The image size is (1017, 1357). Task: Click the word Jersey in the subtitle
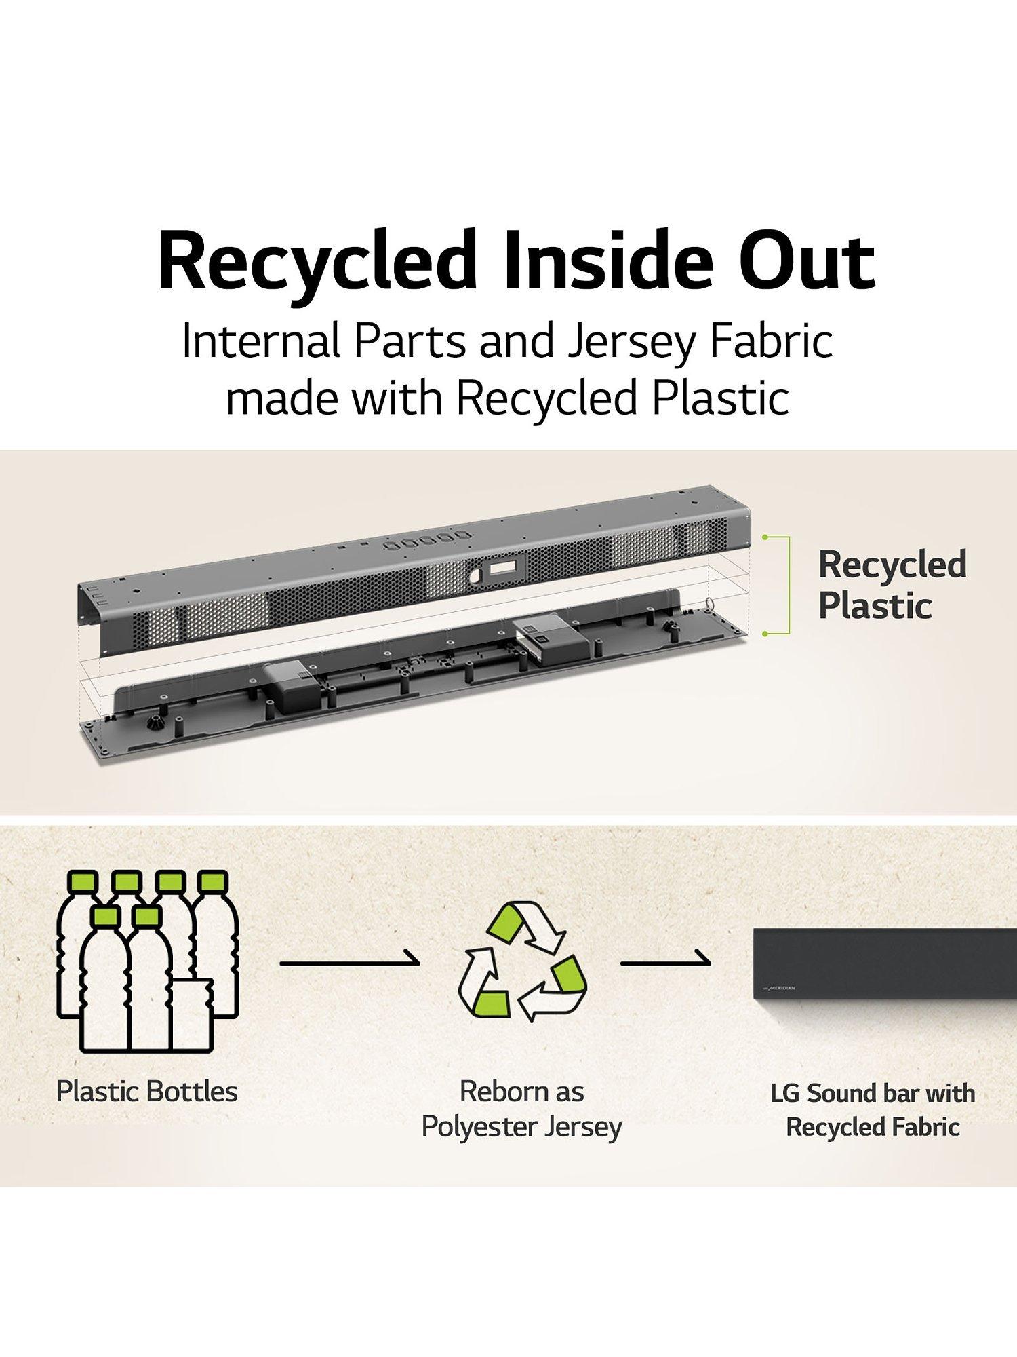coord(631,341)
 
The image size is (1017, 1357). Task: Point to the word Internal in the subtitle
coord(261,341)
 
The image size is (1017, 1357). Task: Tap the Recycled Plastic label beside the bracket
coord(892,585)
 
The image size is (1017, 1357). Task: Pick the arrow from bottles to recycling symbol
coord(350,961)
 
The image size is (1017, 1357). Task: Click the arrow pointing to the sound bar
coord(666,961)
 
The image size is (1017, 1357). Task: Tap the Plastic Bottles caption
coord(147,1092)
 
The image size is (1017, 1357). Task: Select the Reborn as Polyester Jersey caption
coord(521,1109)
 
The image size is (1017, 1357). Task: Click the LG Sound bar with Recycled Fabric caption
coord(873,1111)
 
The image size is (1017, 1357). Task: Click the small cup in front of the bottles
coord(191,1014)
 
